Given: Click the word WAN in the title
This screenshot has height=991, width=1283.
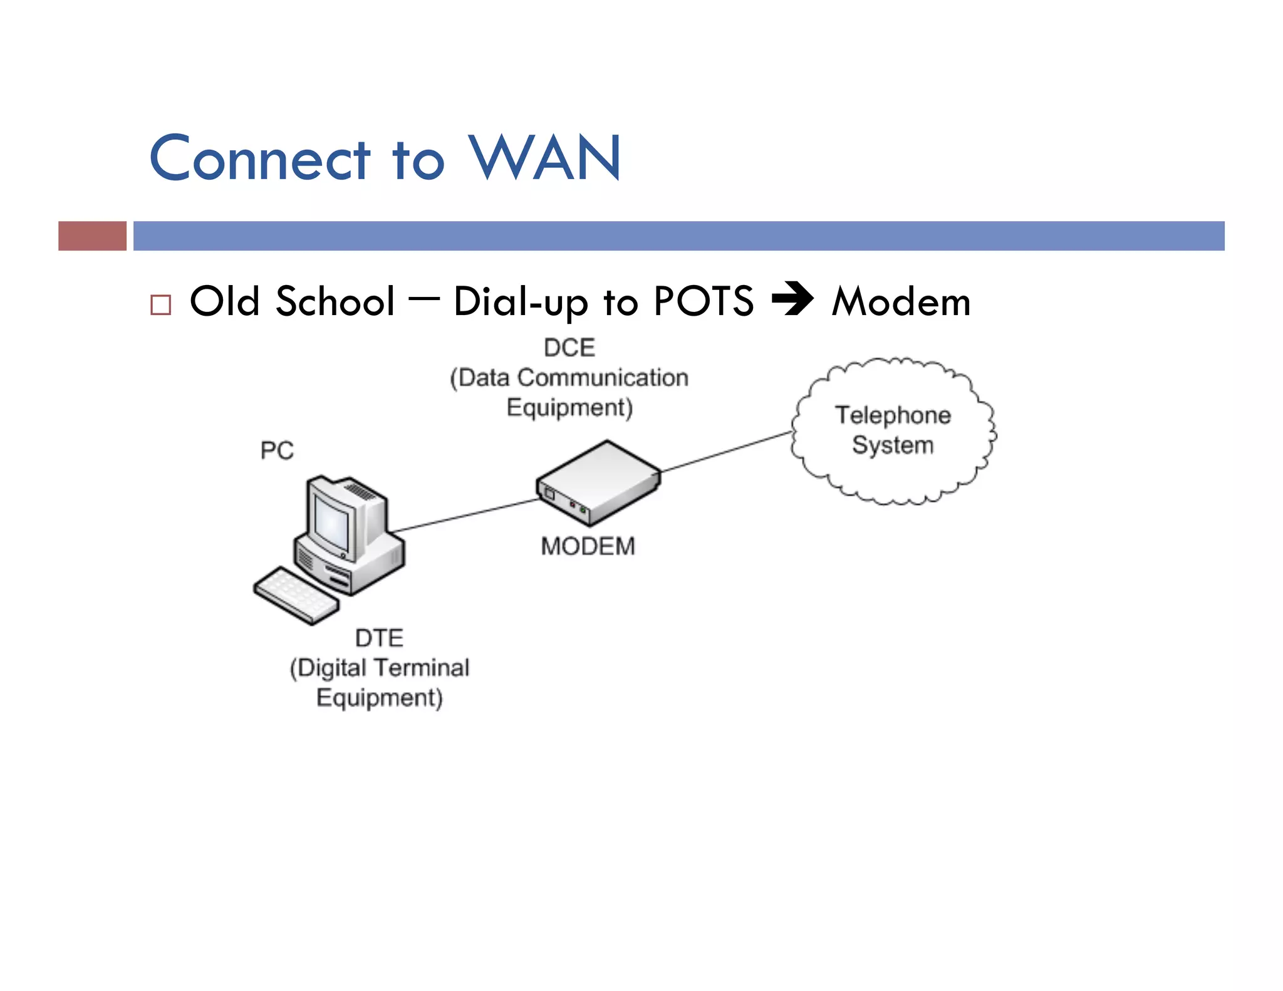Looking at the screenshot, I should pyautogui.click(x=544, y=158).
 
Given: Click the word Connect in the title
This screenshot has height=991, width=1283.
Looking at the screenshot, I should pyautogui.click(x=260, y=159).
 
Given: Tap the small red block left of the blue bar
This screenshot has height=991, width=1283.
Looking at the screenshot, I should pyautogui.click(x=92, y=236).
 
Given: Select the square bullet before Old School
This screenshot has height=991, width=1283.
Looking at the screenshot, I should pyautogui.click(x=161, y=304).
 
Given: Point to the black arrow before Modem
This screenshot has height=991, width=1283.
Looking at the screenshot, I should pyautogui.click(x=792, y=299).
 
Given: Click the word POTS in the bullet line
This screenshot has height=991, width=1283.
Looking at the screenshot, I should pyautogui.click(x=703, y=301).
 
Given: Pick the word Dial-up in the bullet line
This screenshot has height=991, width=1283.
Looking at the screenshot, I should pyautogui.click(x=521, y=303).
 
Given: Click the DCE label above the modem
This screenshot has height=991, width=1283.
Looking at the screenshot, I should pyautogui.click(x=569, y=348).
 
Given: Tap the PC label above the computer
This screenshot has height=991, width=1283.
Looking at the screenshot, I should pyautogui.click(x=277, y=450).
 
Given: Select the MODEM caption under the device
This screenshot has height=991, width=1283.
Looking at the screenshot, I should pyautogui.click(x=588, y=546).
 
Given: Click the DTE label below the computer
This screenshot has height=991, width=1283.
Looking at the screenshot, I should pyautogui.click(x=379, y=638).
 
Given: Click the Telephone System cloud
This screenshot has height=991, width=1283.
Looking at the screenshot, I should pyautogui.click(x=893, y=431).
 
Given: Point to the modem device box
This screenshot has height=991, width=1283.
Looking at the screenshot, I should pyautogui.click(x=598, y=482).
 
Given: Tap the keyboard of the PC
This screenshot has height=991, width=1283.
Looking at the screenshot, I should pyautogui.click(x=296, y=595).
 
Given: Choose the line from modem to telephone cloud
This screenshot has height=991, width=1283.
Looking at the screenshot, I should pyautogui.click(x=727, y=451).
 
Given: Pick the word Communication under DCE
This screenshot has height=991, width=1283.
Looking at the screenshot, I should pyautogui.click(x=603, y=378).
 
